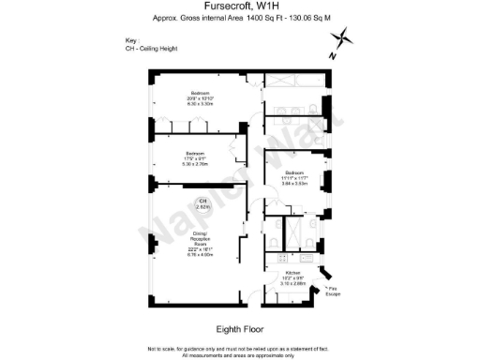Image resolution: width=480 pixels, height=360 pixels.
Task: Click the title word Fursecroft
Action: point(219,7)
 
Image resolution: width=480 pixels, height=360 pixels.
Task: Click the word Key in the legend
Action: point(130,40)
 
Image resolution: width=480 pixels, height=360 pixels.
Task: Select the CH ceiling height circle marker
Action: point(201,203)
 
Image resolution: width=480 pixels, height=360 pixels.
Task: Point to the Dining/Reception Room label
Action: point(201,239)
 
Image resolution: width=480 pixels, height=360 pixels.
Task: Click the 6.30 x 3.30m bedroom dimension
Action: point(201,103)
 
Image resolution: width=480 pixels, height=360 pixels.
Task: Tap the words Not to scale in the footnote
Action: point(161,348)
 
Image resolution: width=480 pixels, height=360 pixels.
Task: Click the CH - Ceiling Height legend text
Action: point(151,48)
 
